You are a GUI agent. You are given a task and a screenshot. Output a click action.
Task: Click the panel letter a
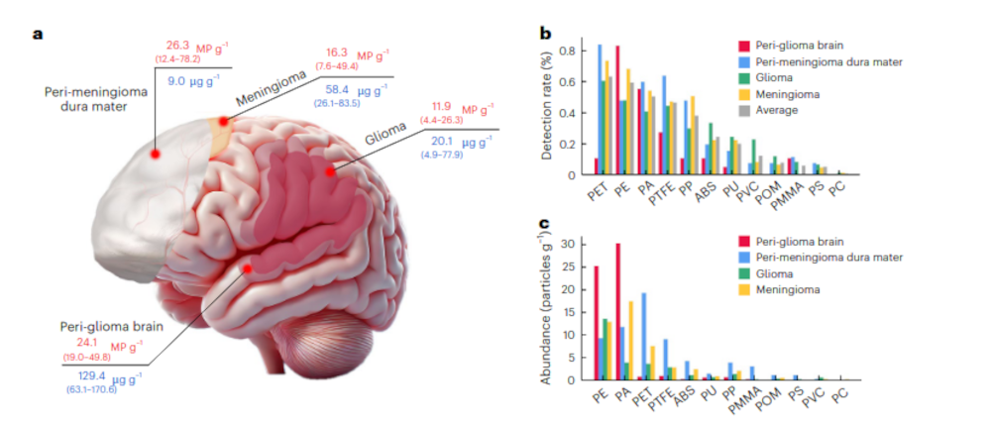pos(38,34)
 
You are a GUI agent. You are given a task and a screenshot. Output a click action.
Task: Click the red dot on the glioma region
pos(329,172)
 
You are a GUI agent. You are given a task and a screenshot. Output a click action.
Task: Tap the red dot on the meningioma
pos(225,122)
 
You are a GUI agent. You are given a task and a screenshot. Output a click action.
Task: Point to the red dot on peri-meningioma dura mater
pos(155,154)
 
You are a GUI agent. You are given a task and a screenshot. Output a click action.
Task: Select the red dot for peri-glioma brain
pos(248,267)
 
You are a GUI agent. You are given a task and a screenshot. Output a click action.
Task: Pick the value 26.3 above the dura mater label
pos(178,44)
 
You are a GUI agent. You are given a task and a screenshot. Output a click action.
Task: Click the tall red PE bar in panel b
pos(617,110)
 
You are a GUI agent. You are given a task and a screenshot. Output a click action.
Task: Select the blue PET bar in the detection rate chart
pos(600,109)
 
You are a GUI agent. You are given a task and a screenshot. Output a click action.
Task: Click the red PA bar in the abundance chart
pos(617,311)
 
